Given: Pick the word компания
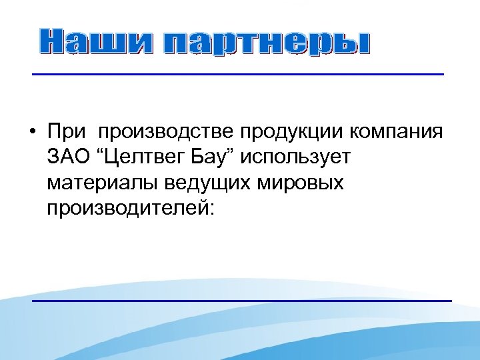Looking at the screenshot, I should click(395, 132).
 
